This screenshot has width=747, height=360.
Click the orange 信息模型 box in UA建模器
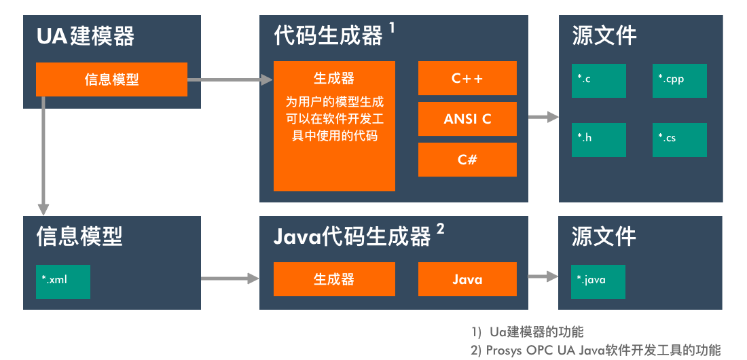(111, 79)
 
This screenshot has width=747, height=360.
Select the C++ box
(467, 78)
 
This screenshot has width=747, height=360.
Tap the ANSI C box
(467, 119)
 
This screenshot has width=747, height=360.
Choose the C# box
(467, 160)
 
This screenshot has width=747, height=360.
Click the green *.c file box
(599, 81)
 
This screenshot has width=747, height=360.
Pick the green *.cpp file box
(679, 81)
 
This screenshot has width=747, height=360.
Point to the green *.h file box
(599, 140)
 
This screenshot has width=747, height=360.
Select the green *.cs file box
(679, 140)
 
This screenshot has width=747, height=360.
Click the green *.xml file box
(63, 282)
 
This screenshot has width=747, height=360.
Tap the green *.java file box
(598, 282)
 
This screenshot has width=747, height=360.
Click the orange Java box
(467, 279)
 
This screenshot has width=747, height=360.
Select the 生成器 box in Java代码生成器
(334, 279)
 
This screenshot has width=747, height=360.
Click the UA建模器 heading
(86, 36)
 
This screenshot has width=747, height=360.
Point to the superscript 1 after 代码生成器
(392, 28)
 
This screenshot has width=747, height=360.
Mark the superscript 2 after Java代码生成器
(440, 229)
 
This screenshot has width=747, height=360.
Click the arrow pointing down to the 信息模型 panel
(43, 156)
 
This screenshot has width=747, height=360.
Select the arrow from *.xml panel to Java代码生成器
(230, 278)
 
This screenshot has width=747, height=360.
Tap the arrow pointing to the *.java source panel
(543, 276)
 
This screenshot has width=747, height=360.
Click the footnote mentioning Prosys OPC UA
(596, 350)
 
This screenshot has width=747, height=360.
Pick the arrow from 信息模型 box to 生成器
(230, 79)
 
